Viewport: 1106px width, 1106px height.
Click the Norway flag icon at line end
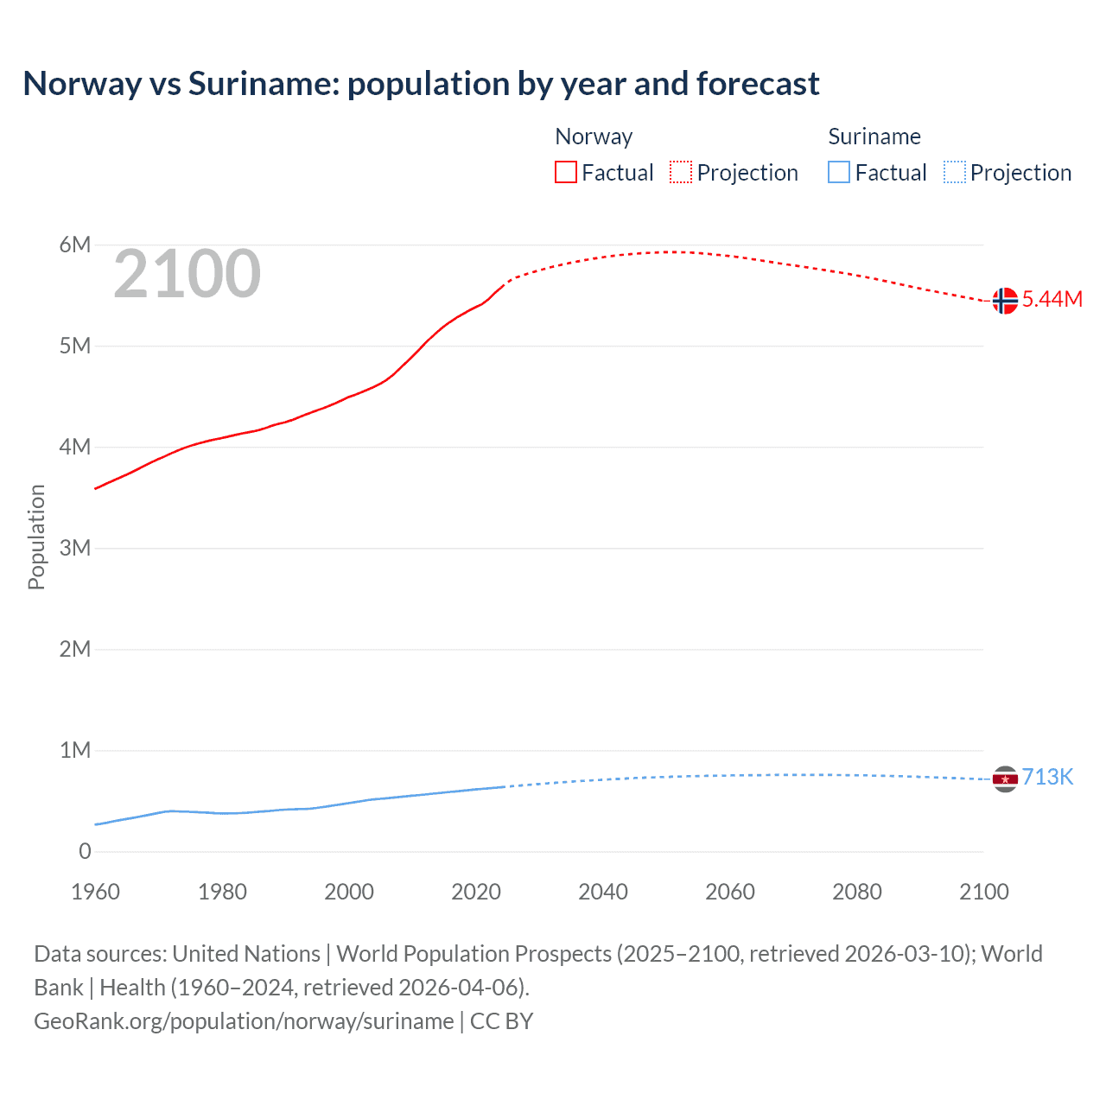(x=1004, y=301)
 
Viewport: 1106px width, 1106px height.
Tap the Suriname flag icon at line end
(x=1004, y=779)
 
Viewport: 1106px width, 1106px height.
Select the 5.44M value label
(x=1052, y=299)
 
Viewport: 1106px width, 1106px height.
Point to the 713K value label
(x=1047, y=777)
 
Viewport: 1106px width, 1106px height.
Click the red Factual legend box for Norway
(x=565, y=173)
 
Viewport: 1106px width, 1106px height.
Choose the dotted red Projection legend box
(x=681, y=173)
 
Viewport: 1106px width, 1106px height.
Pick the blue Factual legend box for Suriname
(x=838, y=173)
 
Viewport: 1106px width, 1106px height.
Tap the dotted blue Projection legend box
(x=954, y=173)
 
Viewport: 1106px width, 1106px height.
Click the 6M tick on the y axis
(x=75, y=245)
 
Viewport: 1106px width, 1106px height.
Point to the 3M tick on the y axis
(x=75, y=548)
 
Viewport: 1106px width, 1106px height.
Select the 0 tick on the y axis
(x=85, y=851)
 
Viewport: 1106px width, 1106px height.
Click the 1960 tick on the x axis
(x=95, y=892)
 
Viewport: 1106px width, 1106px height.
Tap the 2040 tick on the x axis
(x=603, y=892)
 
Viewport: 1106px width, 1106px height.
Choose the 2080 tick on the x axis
(x=857, y=892)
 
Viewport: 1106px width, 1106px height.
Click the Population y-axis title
(x=36, y=537)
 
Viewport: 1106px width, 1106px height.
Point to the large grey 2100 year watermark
(x=187, y=274)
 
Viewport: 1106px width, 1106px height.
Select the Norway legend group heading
(x=594, y=137)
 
